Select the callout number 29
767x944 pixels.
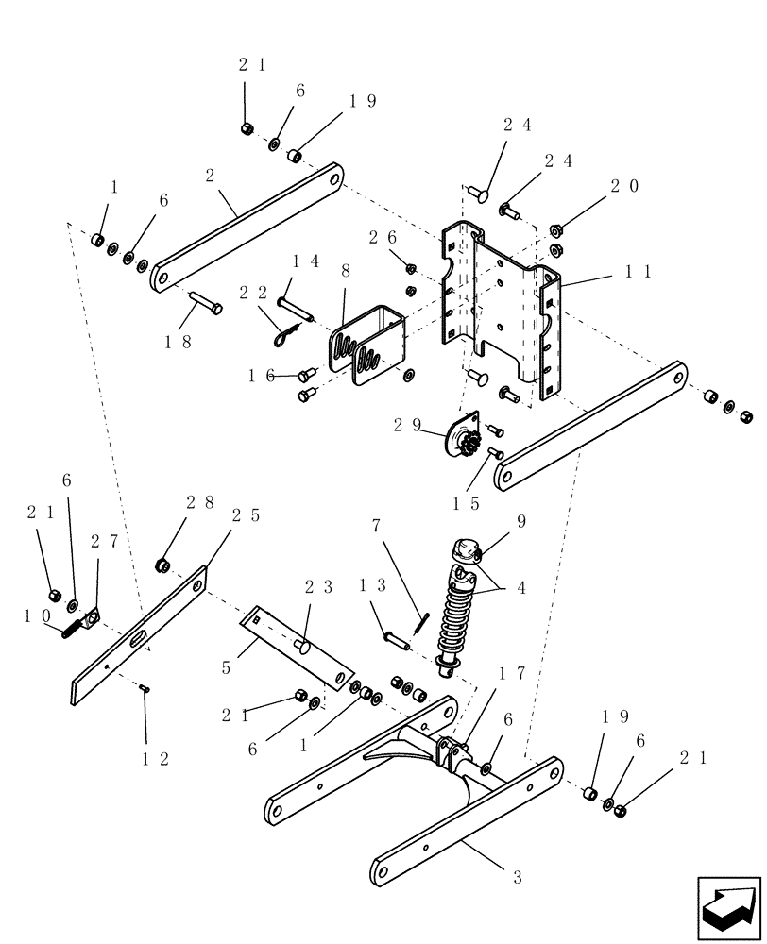click(410, 426)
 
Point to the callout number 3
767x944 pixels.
click(518, 877)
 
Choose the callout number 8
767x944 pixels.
click(346, 270)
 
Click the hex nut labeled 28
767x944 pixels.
click(162, 565)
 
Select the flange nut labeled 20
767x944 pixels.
click(556, 228)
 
